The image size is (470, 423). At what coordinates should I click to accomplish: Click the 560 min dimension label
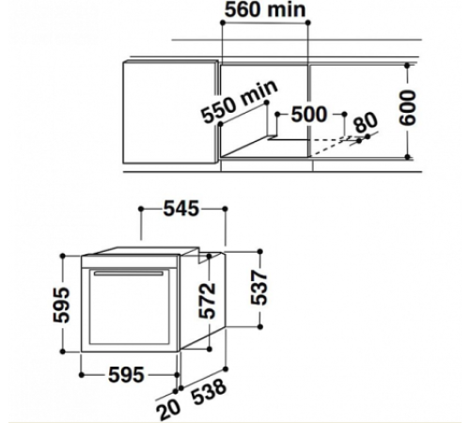click(265, 9)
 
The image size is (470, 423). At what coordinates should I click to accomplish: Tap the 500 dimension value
click(309, 114)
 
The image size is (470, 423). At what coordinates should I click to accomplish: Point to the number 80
click(366, 122)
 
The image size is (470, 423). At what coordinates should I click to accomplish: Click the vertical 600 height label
click(408, 107)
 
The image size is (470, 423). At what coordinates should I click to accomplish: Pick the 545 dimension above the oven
click(181, 209)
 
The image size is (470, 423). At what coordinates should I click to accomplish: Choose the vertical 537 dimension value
click(258, 288)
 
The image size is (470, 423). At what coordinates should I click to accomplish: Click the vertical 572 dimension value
click(208, 301)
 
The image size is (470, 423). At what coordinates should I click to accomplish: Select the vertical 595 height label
click(61, 305)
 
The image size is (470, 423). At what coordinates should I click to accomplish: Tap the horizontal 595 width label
click(126, 375)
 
